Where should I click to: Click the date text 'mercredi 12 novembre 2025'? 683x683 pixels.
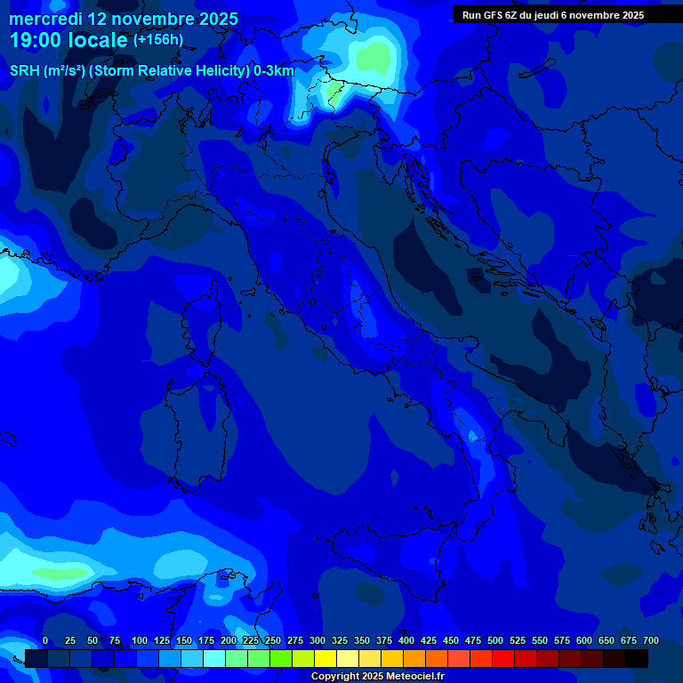(x=124, y=19)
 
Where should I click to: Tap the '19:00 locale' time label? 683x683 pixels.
(x=69, y=41)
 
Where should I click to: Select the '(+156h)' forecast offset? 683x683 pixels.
(x=158, y=40)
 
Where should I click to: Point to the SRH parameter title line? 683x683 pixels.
(x=151, y=70)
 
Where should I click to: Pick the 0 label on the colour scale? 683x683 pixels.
(x=44, y=640)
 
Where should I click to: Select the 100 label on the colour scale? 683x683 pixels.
(x=140, y=640)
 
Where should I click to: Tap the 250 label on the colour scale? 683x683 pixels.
(x=273, y=640)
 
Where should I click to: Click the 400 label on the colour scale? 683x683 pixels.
(x=406, y=640)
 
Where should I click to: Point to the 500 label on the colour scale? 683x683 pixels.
(x=495, y=640)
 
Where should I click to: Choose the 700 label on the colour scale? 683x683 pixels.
(x=651, y=640)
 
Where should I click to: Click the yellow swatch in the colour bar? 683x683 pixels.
(x=325, y=658)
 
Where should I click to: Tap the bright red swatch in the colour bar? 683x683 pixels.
(x=503, y=658)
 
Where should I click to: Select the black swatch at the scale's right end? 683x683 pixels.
(x=637, y=658)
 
